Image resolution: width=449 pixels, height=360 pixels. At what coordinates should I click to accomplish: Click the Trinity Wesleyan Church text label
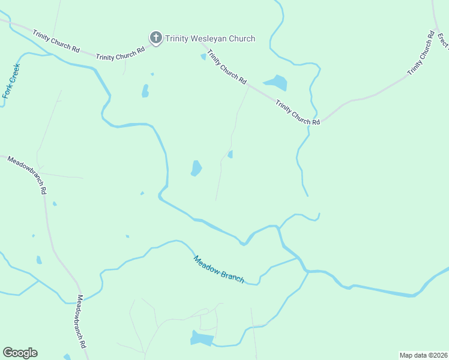coord(210,38)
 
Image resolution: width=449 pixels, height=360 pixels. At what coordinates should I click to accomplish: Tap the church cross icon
coord(155,38)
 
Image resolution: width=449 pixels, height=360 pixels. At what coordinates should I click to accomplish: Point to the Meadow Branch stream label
coord(218,269)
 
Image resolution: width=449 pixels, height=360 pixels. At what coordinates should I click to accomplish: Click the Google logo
coord(20,353)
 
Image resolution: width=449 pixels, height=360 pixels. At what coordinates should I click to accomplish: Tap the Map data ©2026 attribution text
coord(423,355)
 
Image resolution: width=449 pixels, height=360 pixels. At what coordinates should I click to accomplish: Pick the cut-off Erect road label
coord(443,41)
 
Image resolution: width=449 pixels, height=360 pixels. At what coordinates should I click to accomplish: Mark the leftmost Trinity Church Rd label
coord(56,41)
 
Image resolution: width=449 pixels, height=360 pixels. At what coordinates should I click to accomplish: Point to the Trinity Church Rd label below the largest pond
coord(298,112)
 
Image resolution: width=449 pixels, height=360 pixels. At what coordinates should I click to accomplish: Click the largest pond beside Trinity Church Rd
coord(276,82)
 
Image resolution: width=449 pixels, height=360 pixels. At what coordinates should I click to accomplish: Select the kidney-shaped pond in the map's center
coord(196,169)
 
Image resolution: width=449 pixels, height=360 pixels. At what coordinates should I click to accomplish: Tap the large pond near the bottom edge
coord(202,338)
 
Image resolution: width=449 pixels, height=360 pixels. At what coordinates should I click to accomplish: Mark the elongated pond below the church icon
coord(145,91)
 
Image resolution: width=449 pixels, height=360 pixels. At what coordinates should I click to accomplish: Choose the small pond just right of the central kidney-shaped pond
coord(231,154)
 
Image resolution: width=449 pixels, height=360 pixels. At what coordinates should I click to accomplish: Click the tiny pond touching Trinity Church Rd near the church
coord(203,57)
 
